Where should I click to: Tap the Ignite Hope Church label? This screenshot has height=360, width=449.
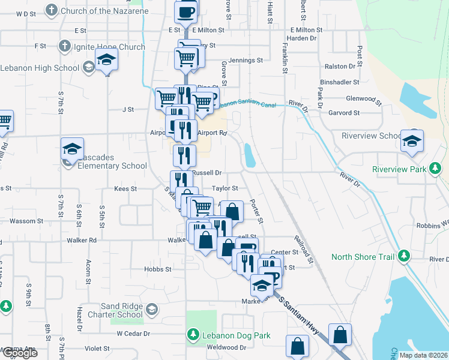109,47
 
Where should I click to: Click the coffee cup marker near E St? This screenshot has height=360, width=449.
186,12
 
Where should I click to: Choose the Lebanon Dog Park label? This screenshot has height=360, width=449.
236,335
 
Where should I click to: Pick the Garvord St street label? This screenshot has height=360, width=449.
344,112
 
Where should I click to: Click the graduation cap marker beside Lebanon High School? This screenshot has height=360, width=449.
107,61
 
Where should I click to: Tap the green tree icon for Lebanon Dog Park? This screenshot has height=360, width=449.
193,333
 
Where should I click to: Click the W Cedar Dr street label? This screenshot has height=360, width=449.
133,333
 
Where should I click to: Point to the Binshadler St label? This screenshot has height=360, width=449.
340,82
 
